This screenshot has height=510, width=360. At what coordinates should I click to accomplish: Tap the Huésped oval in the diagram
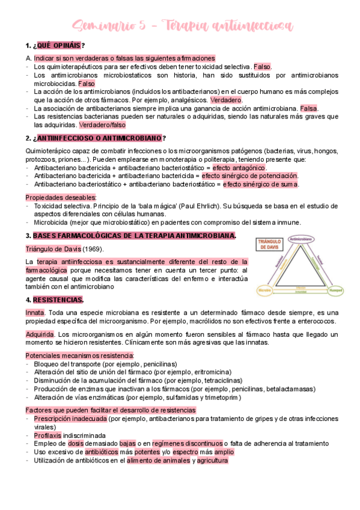pos(337,290)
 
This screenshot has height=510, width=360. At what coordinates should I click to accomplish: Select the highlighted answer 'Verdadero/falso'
pos(102,125)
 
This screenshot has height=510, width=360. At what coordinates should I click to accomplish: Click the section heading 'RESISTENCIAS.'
pos(58,300)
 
